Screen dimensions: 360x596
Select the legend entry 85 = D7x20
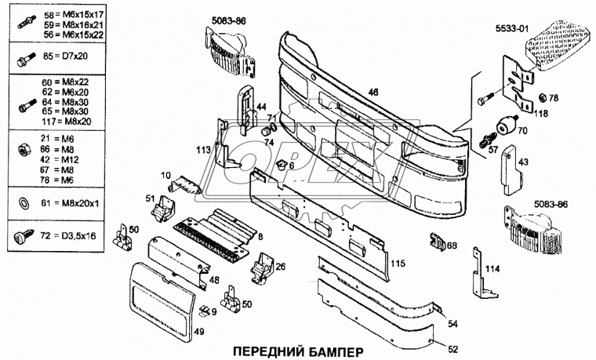click(x=68, y=56)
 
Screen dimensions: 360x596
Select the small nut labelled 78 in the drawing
click(x=540, y=100)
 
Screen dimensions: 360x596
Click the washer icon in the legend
click(x=23, y=203)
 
